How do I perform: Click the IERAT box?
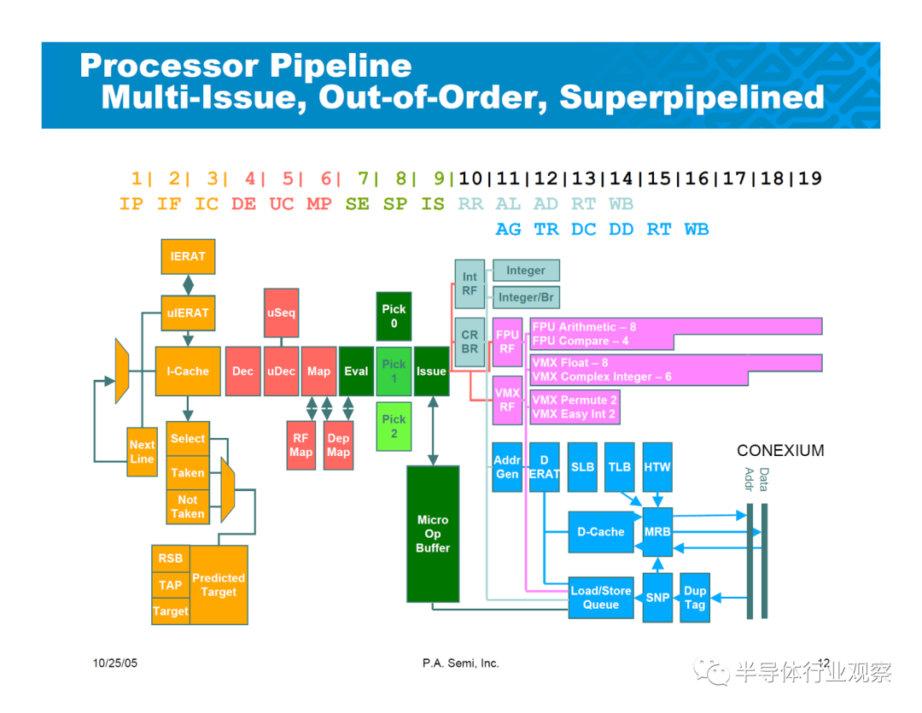pyautogui.click(x=188, y=256)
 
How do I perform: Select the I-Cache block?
pyautogui.click(x=188, y=371)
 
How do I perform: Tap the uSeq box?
pyautogui.click(x=281, y=313)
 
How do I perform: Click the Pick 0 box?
pyautogui.click(x=394, y=317)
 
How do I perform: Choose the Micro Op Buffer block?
pyautogui.click(x=433, y=535)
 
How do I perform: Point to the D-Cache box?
pyautogui.click(x=601, y=532)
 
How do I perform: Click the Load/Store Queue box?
pyautogui.click(x=601, y=598)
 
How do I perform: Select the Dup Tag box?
pyautogui.click(x=695, y=598)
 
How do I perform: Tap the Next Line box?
pyautogui.click(x=143, y=452)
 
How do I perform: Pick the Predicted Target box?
pyautogui.click(x=219, y=585)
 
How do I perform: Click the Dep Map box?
pyautogui.click(x=338, y=446)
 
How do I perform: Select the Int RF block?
pyautogui.click(x=470, y=283)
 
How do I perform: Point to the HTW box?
pyautogui.click(x=657, y=467)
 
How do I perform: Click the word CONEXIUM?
pyautogui.click(x=780, y=451)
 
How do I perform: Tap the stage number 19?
pyautogui.click(x=810, y=178)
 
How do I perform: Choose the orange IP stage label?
pyautogui.click(x=131, y=204)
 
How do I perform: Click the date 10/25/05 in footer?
pyautogui.click(x=115, y=663)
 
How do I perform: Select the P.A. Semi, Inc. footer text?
pyautogui.click(x=460, y=663)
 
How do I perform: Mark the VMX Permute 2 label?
pyautogui.click(x=575, y=400)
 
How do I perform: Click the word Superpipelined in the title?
pyautogui.click(x=692, y=97)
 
